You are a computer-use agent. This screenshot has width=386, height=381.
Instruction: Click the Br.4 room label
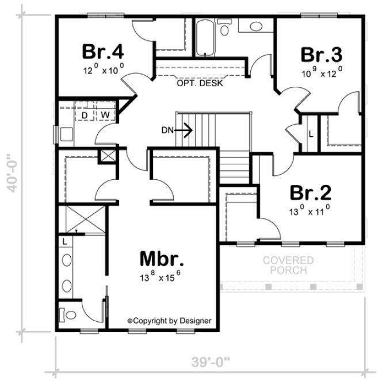coord(103,51)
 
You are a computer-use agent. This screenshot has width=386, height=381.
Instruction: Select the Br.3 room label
coord(322,55)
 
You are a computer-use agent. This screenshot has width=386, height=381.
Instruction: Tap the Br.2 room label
coord(309,191)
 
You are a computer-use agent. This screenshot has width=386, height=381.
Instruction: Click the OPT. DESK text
coord(200,83)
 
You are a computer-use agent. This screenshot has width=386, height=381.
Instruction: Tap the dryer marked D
coord(85,115)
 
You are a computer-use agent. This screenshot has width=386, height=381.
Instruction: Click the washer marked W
coord(105,115)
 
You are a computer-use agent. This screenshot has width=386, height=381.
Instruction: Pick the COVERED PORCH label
coord(288,265)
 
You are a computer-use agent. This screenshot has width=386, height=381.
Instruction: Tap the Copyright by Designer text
coord(169,321)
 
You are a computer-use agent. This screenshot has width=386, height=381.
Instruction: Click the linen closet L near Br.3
coord(311,134)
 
